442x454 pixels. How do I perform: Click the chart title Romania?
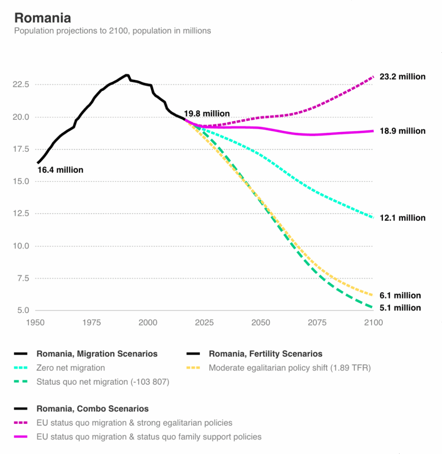tap(43, 18)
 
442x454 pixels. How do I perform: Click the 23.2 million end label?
tap(402, 77)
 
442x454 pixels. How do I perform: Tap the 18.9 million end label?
tap(402, 131)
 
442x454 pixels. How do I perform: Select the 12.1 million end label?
tap(402, 218)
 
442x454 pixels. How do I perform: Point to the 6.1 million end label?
tap(400, 296)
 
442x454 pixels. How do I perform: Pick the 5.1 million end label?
tap(400, 308)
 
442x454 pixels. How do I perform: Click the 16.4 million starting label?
tap(60, 170)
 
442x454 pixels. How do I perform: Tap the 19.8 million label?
tap(207, 114)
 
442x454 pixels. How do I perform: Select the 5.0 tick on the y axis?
tap(23, 310)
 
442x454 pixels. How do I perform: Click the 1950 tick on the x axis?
tap(35, 323)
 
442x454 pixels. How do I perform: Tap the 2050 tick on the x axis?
tap(260, 323)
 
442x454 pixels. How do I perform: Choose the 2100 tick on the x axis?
tap(373, 323)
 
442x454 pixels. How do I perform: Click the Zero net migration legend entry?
tap(70, 368)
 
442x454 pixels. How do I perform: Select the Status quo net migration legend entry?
tap(103, 382)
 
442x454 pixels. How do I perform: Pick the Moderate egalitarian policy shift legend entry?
tap(290, 368)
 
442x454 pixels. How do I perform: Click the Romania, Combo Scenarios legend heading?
tap(93, 409)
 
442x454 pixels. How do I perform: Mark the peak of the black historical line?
tap(127, 75)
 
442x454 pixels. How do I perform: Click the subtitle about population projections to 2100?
tap(112, 31)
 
